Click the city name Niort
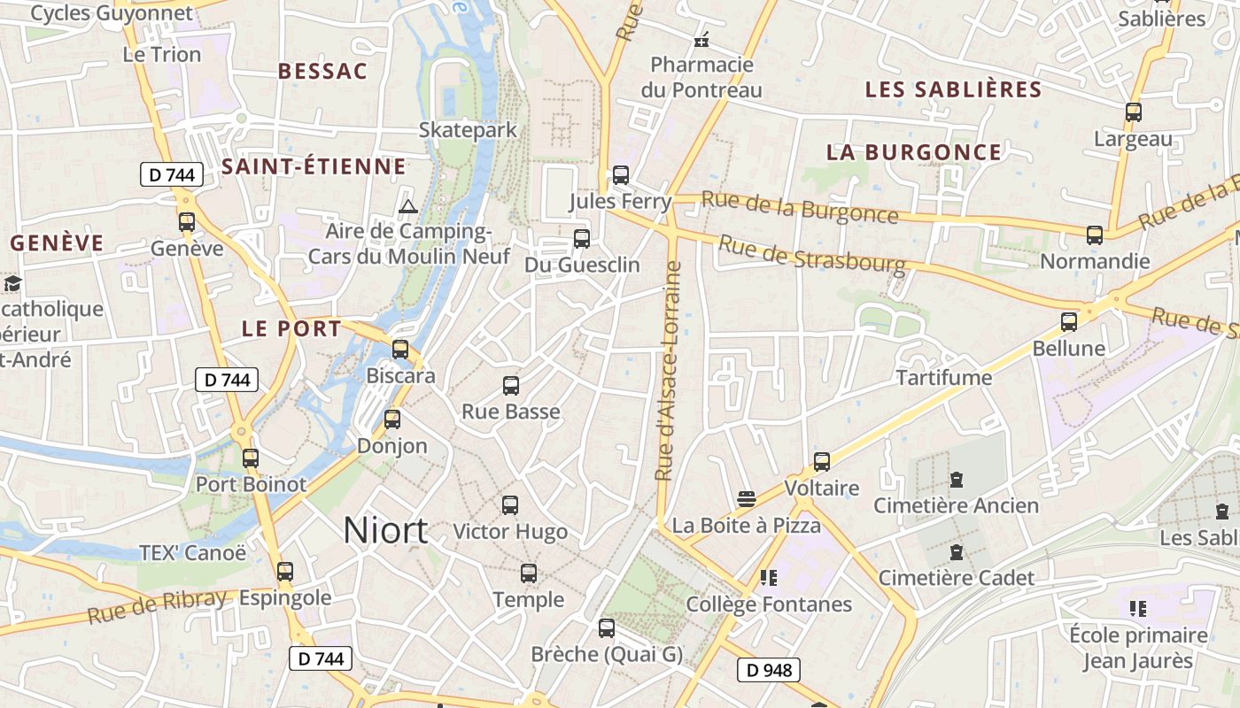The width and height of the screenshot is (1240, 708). point(385,530)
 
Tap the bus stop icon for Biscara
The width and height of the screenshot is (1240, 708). point(400,350)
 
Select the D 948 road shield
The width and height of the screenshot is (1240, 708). point(769,670)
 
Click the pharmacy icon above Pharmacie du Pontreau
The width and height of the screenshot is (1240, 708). point(701,40)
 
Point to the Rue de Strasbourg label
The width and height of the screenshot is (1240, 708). point(811,252)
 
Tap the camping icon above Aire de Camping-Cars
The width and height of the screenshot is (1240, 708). point(407,207)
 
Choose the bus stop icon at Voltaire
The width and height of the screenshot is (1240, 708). point(822,462)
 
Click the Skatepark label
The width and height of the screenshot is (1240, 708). point(468,130)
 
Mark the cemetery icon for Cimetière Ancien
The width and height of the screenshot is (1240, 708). point(957,480)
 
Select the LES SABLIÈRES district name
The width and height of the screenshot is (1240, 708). point(953,89)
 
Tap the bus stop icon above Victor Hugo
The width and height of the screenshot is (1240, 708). point(510,505)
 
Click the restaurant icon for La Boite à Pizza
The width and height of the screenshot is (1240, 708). point(746,498)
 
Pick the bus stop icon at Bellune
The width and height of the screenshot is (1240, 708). point(1069,322)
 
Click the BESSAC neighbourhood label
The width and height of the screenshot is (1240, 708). point(322,72)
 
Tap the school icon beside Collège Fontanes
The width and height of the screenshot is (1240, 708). point(768,578)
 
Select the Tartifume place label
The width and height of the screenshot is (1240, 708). point(944,378)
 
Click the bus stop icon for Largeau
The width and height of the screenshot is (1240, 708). point(1133,112)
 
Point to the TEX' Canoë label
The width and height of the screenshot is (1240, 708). point(193,553)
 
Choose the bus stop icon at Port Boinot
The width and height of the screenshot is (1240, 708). point(251,458)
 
